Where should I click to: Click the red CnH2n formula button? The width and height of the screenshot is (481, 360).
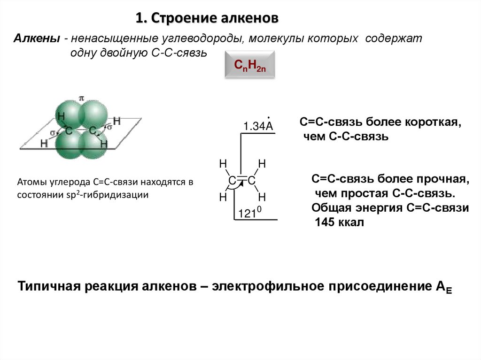pos(247,65)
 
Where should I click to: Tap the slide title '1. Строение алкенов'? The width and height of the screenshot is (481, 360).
pos(207,18)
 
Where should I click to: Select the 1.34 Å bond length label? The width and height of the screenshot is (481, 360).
pos(258,126)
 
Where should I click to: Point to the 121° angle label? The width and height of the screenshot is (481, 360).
pos(249,214)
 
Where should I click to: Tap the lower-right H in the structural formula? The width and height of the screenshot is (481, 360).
pos(262,197)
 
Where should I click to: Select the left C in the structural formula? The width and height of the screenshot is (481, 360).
pos(232,181)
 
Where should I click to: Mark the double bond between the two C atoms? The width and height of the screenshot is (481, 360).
pos(241,179)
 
